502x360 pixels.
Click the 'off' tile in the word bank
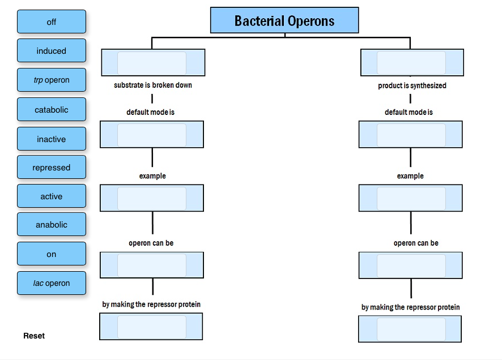point(52,22)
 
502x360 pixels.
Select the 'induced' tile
point(52,51)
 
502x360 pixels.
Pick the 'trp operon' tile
point(52,80)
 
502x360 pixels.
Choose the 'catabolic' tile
point(52,110)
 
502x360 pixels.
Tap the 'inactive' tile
point(52,139)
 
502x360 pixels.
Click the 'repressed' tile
point(52,168)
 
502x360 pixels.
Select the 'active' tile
point(52,196)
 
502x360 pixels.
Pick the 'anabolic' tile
point(52,225)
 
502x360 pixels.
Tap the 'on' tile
point(52,254)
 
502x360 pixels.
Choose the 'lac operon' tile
point(52,283)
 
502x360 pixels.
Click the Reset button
point(34,336)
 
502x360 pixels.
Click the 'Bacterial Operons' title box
point(284,21)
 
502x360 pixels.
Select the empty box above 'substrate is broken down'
point(152,63)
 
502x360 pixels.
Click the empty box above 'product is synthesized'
point(411,63)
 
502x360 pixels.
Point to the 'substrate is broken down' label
point(153,85)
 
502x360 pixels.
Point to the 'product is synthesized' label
point(412,86)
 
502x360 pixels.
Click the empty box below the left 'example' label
point(152,198)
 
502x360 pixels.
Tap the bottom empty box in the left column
point(151,327)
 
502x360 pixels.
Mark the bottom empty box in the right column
point(410,329)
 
